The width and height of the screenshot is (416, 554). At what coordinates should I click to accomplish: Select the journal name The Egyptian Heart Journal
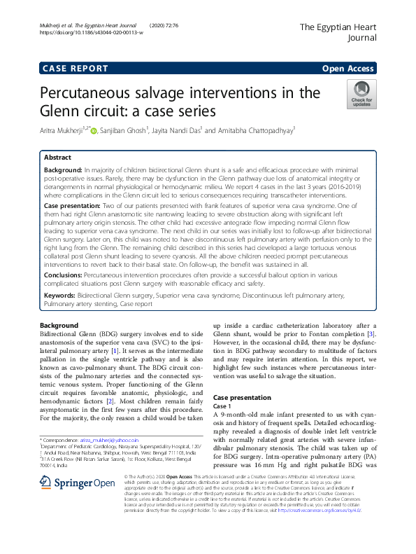(338, 33)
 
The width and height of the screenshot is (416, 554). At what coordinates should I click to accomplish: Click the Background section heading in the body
(59, 326)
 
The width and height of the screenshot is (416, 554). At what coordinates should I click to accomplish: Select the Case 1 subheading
(222, 406)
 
